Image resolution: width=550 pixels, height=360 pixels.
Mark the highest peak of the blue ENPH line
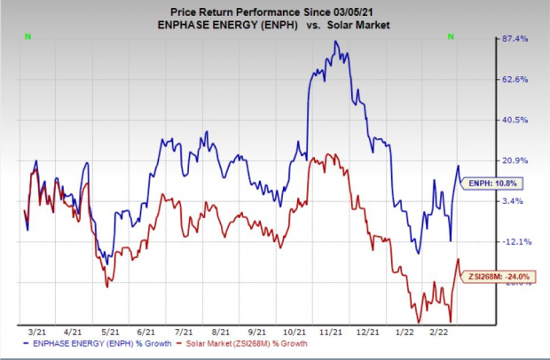(335, 42)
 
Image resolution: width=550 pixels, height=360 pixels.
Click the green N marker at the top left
(27, 37)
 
